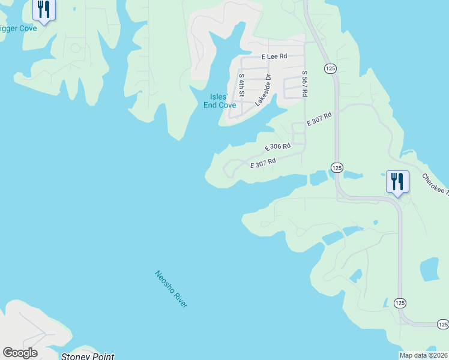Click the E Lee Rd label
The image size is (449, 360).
click(x=274, y=56)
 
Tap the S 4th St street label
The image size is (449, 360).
click(x=241, y=85)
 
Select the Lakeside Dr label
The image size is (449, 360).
click(x=264, y=90)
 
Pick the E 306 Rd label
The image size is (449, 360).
click(x=278, y=146)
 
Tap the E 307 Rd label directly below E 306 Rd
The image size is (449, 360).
click(x=262, y=162)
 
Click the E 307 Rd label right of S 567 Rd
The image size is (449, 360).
click(x=319, y=119)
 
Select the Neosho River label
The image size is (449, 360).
click(x=171, y=289)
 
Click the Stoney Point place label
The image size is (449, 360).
click(x=88, y=356)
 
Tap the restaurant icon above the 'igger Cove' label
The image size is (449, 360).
click(x=44, y=10)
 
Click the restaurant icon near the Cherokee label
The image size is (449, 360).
click(x=397, y=181)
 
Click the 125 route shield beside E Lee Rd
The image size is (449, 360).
click(x=330, y=69)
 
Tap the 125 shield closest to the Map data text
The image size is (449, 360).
click(x=442, y=325)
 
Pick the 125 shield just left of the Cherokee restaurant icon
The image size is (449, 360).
click(x=336, y=167)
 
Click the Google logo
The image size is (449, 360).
click(x=20, y=353)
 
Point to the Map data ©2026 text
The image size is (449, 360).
click(x=423, y=355)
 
